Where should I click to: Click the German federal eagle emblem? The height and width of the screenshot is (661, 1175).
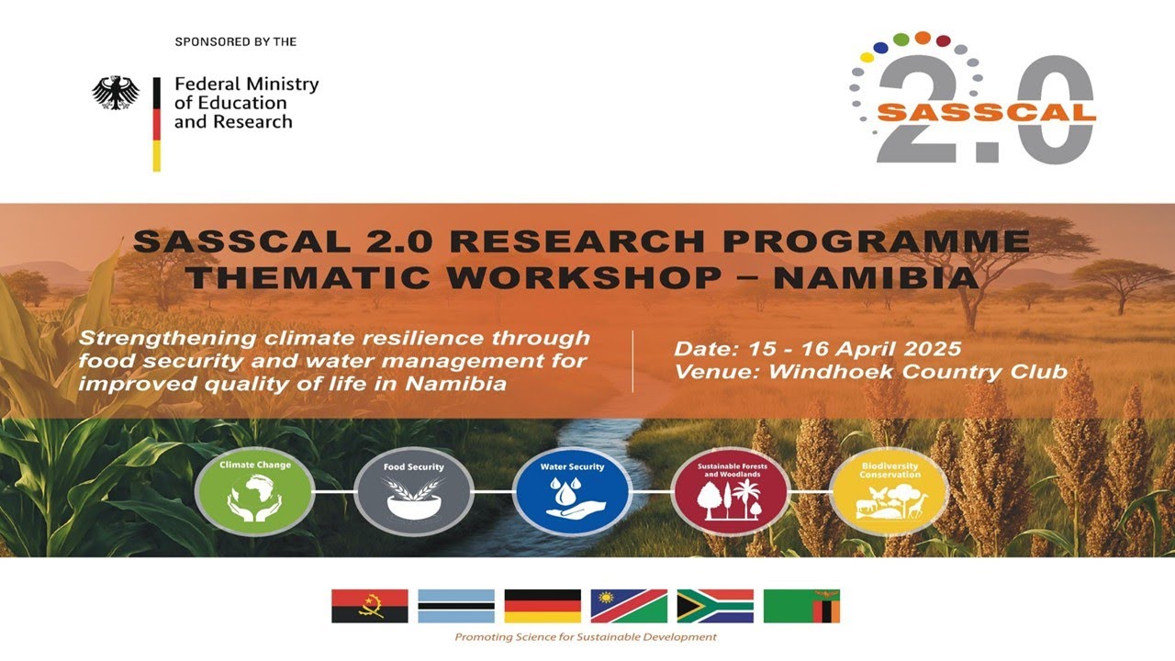pos(116,93)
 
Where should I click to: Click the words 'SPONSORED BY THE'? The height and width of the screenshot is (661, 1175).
pos(235,42)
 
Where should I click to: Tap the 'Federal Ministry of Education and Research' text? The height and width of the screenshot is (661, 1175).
pos(246,103)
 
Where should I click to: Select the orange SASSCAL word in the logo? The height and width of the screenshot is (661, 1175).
pos(986,113)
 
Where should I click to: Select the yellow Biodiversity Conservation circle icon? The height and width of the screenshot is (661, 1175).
pos(889,491)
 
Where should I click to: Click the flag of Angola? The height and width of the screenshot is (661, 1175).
pos(369,606)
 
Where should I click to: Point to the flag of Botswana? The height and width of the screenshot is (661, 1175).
pos(456,606)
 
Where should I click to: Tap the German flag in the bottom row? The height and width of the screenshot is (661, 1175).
pos(543,606)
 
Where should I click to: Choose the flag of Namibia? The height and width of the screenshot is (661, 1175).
pos(629,606)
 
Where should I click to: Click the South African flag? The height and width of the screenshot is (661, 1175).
pos(715,606)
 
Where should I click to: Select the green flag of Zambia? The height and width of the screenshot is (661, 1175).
pos(801,606)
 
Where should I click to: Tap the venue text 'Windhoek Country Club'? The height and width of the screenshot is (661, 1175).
pos(918,372)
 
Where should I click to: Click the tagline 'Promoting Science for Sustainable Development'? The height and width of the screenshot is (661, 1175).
pos(586,636)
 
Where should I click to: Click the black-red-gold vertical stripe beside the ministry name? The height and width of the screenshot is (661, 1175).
pos(157,124)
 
